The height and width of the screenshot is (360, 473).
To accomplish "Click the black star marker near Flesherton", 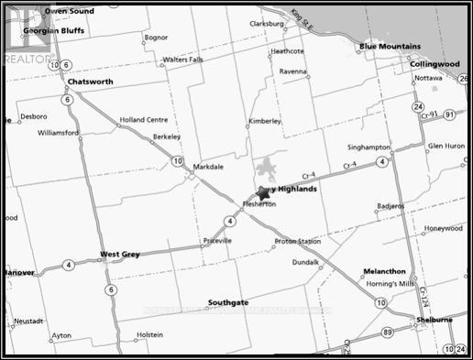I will click(264, 193).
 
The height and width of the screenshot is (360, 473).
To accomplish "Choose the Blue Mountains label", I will click(390, 46).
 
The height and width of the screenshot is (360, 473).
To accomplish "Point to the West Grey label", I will click(119, 254).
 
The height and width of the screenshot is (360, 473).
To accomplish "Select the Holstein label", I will click(149, 335).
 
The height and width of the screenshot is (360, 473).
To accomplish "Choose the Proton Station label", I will click(297, 242).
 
